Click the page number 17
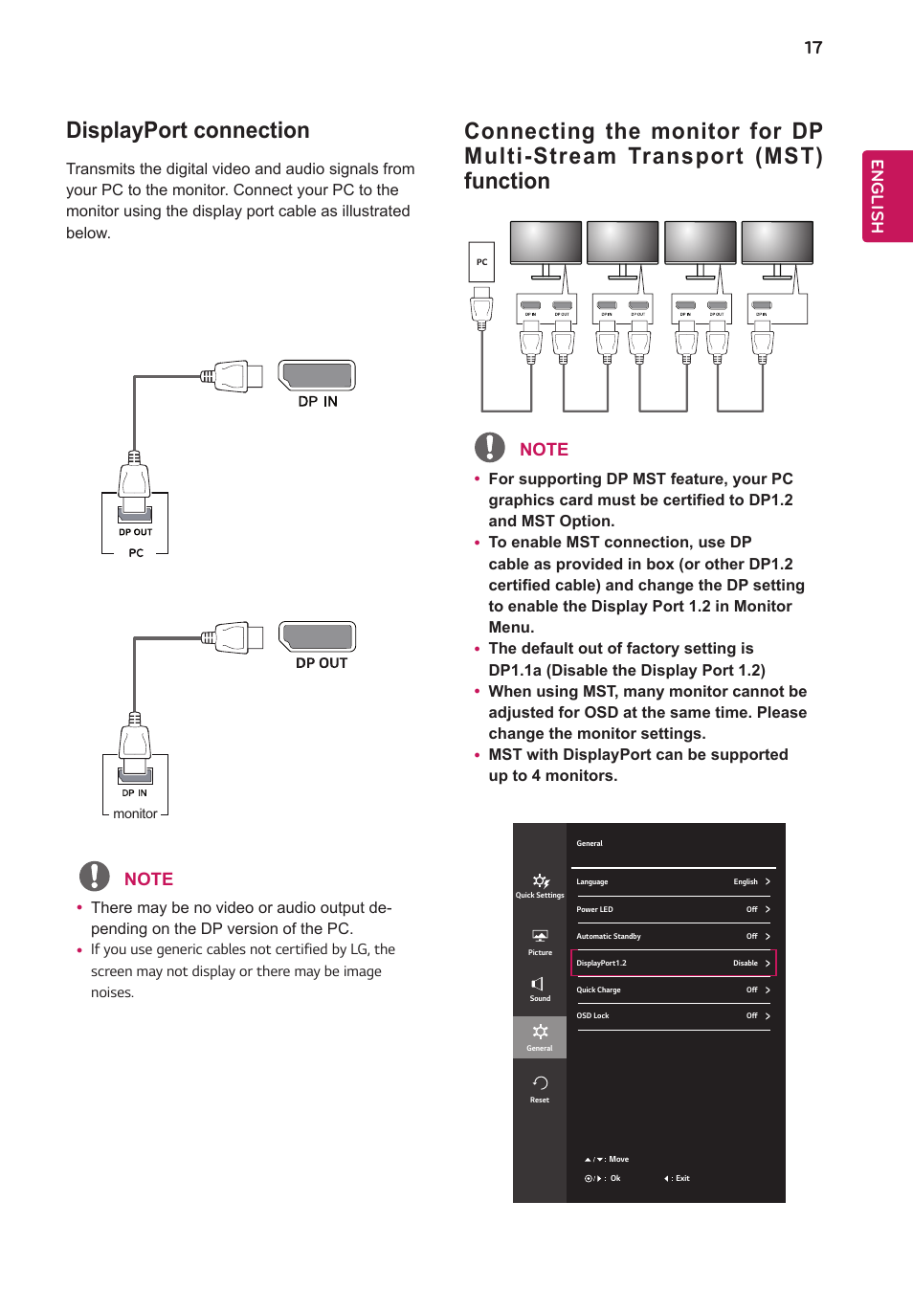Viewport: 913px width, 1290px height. [813, 48]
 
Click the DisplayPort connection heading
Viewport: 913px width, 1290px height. [188, 130]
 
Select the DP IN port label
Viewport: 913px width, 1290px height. [318, 402]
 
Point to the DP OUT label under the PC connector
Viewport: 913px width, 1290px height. [135, 532]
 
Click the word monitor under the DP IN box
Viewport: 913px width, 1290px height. [135, 814]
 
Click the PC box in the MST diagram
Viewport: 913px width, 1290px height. [481, 262]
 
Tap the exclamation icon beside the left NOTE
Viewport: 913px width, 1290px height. [94, 877]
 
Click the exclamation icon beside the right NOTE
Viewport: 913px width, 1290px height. [490, 447]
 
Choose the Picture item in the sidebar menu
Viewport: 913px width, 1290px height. [540, 942]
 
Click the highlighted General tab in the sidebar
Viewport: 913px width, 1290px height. [540, 1036]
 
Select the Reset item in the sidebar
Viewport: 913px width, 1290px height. [540, 1088]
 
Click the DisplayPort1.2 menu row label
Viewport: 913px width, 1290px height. [601, 964]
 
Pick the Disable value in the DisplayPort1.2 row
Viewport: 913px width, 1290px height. [745, 964]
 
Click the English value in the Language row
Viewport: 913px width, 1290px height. [745, 882]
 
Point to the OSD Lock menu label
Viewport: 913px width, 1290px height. [592, 1016]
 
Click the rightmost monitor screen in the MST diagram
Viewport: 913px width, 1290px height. [777, 241]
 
